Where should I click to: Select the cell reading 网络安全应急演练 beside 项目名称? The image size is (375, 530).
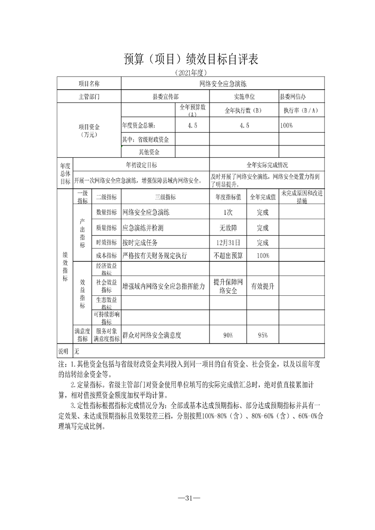[223, 84]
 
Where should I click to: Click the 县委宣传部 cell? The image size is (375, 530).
[165, 96]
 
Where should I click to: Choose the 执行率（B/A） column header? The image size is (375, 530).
[301, 111]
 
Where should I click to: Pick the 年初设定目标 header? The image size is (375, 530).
[141, 165]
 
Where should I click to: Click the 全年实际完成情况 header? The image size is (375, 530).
[267, 165]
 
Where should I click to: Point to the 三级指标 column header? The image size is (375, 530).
[165, 197]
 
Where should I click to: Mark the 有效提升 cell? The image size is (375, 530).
[263, 286]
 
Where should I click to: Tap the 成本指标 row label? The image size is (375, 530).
[106, 256]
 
